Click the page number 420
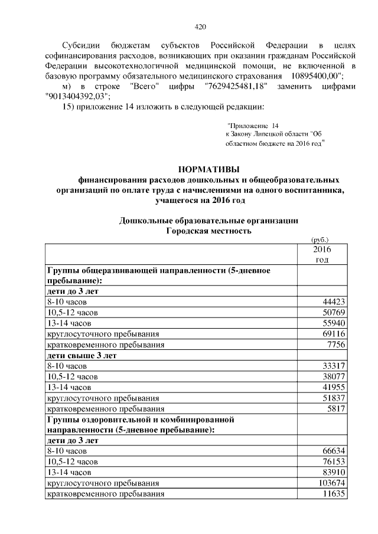click(200, 27)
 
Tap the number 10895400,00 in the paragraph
click(312, 77)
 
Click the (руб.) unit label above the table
click(320, 240)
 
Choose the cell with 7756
click(335, 345)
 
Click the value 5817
click(335, 408)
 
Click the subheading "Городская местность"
click(204, 231)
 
